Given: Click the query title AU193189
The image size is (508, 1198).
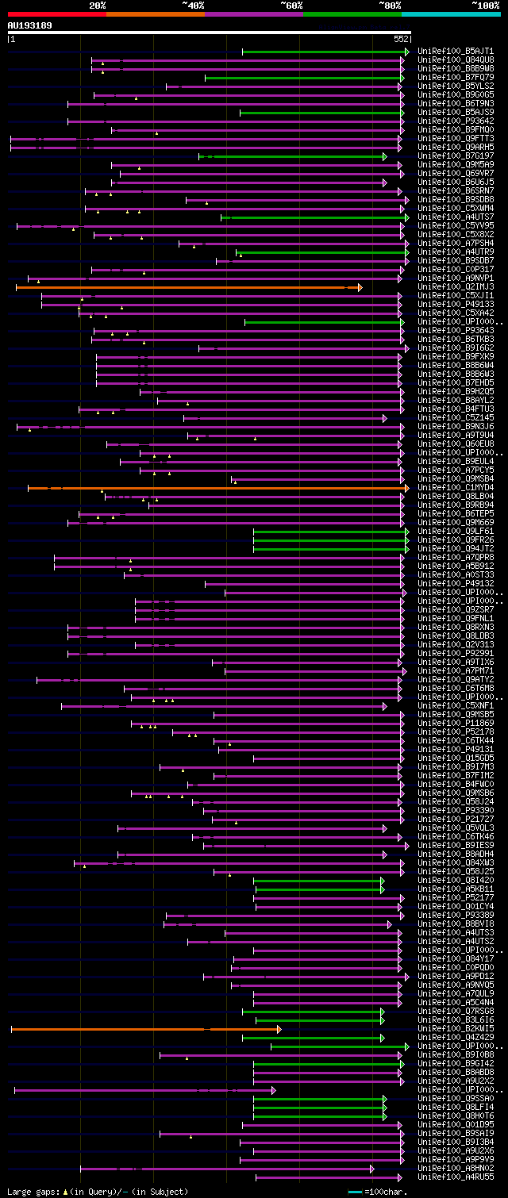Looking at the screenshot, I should point(29,25).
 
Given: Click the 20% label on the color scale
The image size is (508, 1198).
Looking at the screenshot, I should point(98,6).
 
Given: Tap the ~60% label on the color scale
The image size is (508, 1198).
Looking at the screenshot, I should point(291,6).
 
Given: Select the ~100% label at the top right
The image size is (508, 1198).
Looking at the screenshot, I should point(485,6).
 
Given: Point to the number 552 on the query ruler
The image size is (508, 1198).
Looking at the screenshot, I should point(400,38).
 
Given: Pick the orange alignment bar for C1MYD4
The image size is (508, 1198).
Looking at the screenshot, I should point(214,488).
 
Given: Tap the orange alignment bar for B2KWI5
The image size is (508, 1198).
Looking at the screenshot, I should point(143,1029).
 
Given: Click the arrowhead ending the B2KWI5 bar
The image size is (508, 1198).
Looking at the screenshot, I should point(279,1029).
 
